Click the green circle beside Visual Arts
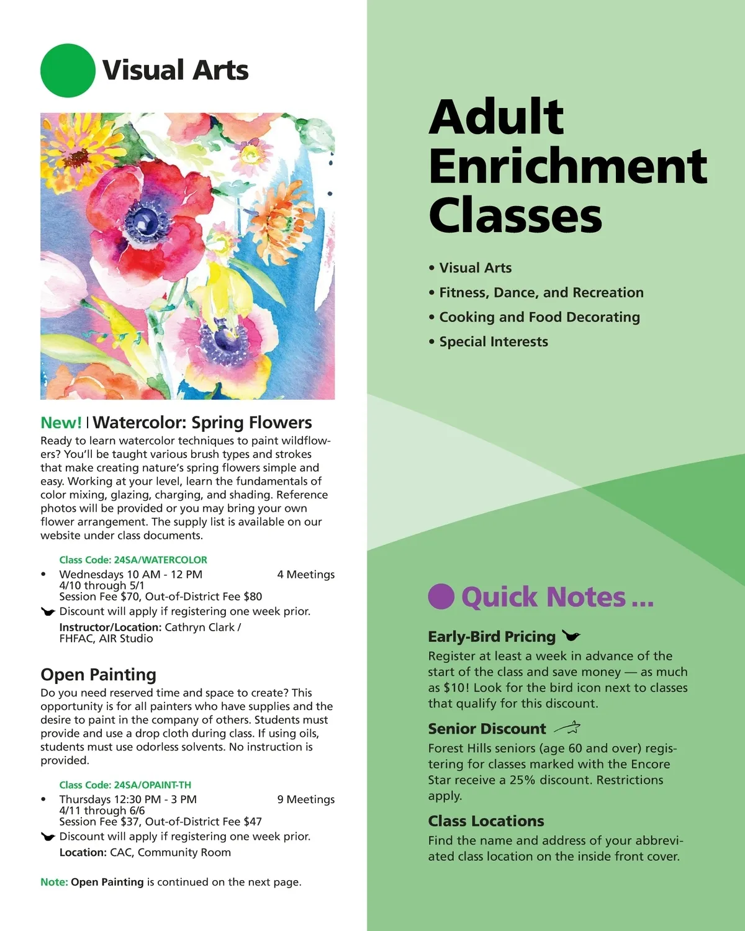click(68, 70)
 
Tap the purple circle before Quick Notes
click(441, 596)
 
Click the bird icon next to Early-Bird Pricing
click(571, 636)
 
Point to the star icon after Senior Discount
click(567, 727)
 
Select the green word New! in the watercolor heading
click(61, 423)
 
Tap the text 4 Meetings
click(305, 575)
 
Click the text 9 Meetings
click(305, 799)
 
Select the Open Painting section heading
click(98, 675)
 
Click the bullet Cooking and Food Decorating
click(539, 317)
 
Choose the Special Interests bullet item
click(493, 342)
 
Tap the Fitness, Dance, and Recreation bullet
click(541, 292)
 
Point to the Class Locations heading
click(485, 821)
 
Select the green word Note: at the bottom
click(54, 882)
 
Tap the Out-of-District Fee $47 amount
click(204, 822)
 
